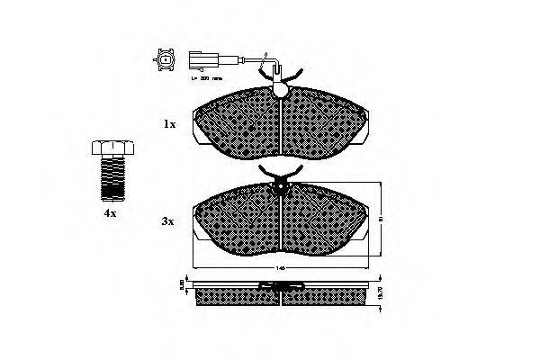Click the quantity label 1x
coord(169,125)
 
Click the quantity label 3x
coord(169,220)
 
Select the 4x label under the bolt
coord(109,214)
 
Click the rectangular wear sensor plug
coord(200,61)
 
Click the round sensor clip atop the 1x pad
coord(281,89)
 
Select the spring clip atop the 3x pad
coord(282,175)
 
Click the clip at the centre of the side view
coord(282,287)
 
